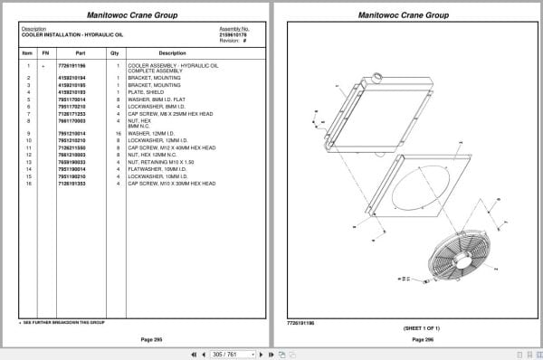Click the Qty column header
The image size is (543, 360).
click(x=114, y=53)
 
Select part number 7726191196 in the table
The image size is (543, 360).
click(x=71, y=66)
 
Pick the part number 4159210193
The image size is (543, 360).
click(x=71, y=91)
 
